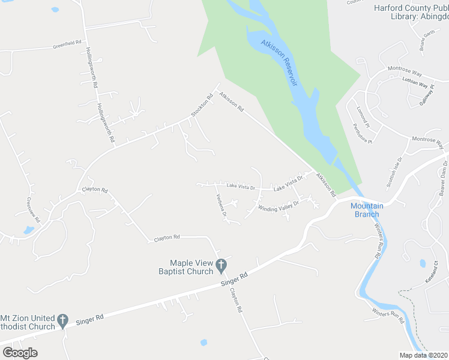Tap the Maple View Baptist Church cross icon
pos(221,264)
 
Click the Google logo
pos(20,353)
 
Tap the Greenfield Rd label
pos(67,45)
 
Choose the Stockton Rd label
pos(202,106)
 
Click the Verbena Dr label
pos(220,206)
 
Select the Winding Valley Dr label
pos(278,205)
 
